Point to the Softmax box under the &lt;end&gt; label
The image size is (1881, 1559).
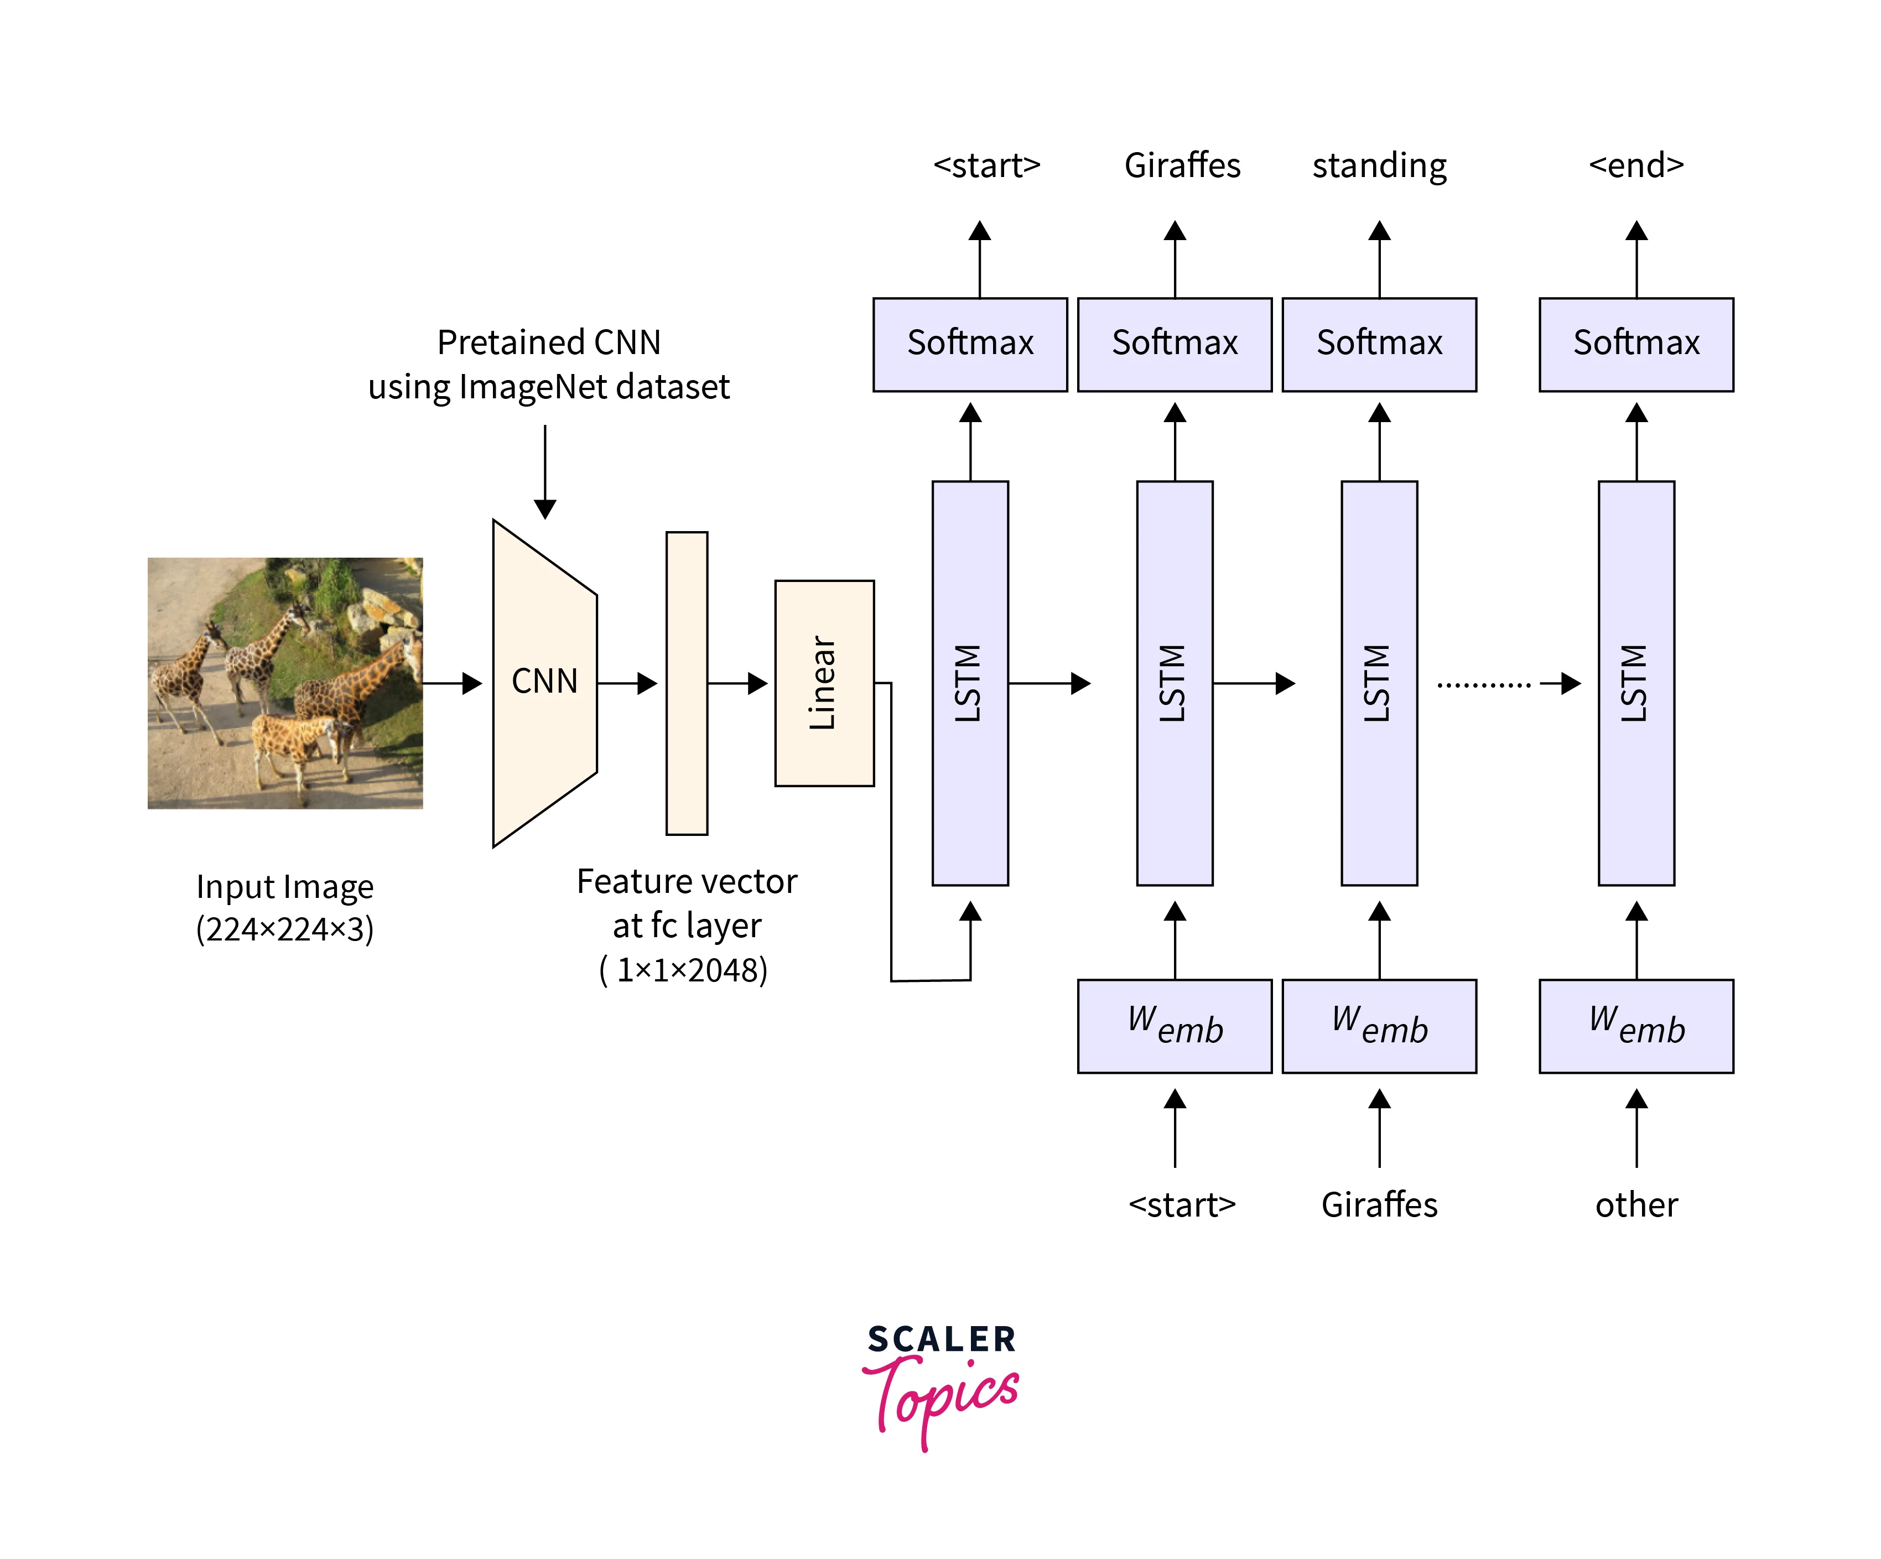point(1635,344)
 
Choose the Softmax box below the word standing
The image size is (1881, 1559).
point(1379,344)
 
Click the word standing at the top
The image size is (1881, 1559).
point(1379,165)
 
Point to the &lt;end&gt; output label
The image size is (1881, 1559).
point(1635,165)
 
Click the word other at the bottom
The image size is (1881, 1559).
point(1635,1204)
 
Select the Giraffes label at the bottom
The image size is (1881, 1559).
point(1379,1204)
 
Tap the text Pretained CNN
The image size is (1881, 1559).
point(548,342)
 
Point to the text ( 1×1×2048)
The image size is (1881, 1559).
point(683,970)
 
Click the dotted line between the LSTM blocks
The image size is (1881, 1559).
point(1483,685)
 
